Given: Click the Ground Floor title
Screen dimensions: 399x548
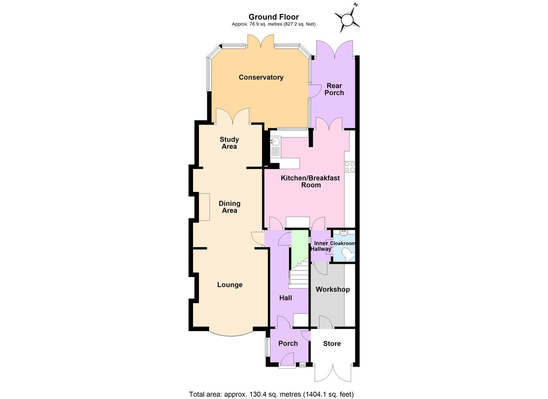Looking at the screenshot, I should click(274, 17).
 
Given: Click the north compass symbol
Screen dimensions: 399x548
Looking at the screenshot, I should click(347, 19).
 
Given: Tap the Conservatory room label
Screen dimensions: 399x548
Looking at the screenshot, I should click(261, 77).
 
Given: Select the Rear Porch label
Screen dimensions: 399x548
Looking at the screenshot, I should click(334, 89).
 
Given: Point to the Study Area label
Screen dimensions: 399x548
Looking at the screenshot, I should click(229, 143).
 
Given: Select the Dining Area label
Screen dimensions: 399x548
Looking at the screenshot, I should click(229, 207).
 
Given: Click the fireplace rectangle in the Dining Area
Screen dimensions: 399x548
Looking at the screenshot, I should click(204, 207).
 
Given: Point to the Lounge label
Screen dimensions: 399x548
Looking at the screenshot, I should click(230, 285).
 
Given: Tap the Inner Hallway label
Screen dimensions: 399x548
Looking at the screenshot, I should click(321, 246).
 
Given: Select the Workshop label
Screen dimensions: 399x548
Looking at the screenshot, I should click(332, 289).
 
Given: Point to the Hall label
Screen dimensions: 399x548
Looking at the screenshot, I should click(285, 298).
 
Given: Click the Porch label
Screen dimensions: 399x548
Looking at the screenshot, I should click(288, 343).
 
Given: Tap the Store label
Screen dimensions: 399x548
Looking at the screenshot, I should click(332, 343).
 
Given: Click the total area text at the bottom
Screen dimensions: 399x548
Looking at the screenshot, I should click(272, 394).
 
